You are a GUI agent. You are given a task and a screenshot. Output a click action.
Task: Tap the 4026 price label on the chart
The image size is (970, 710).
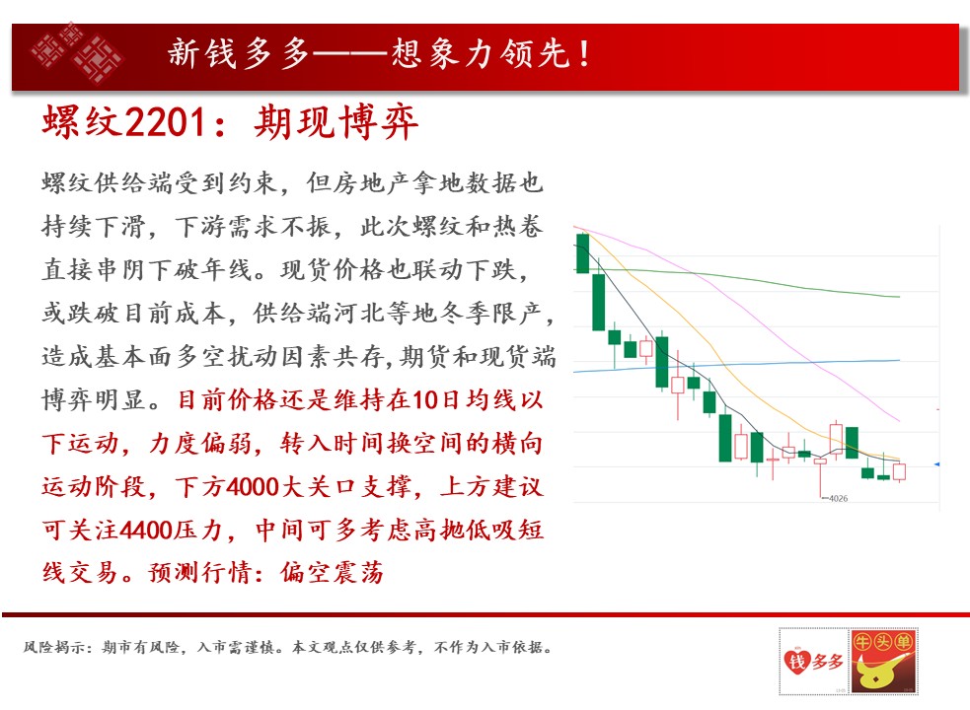click(838, 499)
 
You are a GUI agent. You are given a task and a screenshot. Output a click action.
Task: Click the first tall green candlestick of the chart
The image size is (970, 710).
click(583, 253)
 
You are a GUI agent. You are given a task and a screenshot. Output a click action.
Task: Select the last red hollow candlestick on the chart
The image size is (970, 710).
click(899, 472)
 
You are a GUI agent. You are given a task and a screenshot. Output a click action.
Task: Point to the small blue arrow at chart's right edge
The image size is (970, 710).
click(936, 463)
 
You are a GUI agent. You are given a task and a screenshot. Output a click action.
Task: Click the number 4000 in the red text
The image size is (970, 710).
click(253, 487)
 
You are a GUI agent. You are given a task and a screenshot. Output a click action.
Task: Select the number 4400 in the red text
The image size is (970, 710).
click(145, 531)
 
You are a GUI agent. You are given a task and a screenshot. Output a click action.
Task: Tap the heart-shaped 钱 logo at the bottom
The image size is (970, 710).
click(796, 661)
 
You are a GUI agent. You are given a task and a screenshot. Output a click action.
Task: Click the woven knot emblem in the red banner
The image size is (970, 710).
click(77, 52)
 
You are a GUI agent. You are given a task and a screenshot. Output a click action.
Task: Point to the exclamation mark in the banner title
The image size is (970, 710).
click(584, 53)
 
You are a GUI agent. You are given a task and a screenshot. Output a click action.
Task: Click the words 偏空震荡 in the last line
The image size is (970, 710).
click(332, 573)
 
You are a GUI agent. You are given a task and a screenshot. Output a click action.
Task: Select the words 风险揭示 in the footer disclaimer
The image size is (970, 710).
click(54, 648)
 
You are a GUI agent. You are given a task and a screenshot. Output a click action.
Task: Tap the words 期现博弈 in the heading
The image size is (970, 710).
click(336, 122)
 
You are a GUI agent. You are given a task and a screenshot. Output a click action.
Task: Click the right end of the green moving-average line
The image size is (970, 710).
click(900, 297)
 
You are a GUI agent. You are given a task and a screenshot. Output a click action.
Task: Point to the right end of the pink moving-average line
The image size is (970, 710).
click(899, 421)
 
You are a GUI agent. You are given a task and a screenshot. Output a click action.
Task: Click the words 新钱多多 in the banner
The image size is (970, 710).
click(238, 52)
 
